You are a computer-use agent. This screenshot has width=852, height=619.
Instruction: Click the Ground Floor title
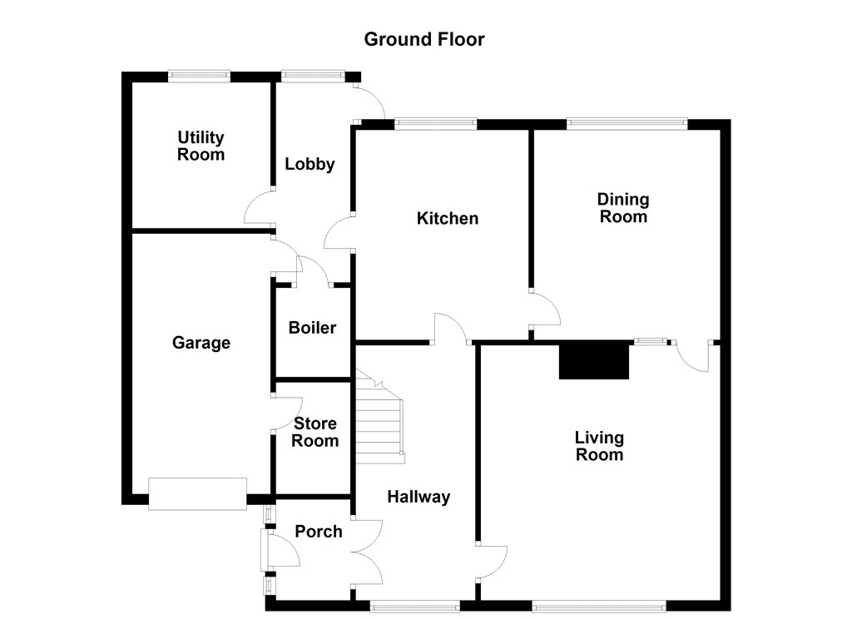pyautogui.click(x=424, y=39)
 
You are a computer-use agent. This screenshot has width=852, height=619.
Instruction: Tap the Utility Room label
pyautogui.click(x=201, y=146)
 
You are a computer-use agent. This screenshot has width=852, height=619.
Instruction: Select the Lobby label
pyautogui.click(x=310, y=164)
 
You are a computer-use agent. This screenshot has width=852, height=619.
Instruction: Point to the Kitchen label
pyautogui.click(x=447, y=219)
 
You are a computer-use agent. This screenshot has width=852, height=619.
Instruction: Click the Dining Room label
pyautogui.click(x=623, y=208)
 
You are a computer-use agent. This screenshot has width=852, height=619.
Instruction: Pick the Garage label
pyautogui.click(x=201, y=343)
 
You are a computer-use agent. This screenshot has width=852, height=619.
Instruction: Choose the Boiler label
pyautogui.click(x=313, y=328)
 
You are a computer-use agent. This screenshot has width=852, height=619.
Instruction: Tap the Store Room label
pyautogui.click(x=315, y=432)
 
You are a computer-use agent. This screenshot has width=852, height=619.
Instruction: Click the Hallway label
pyautogui.click(x=419, y=497)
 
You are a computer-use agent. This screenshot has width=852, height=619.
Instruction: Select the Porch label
pyautogui.click(x=319, y=532)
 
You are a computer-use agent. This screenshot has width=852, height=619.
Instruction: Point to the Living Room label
pyautogui.click(x=599, y=446)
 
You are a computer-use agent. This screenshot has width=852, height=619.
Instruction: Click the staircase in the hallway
pyautogui.click(x=379, y=416)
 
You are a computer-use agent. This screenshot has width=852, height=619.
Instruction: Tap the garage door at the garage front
pyautogui.click(x=198, y=494)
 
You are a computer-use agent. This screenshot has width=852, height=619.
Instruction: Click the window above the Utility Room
pyautogui.click(x=199, y=76)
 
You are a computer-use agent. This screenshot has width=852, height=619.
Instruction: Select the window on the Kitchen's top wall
pyautogui.click(x=436, y=124)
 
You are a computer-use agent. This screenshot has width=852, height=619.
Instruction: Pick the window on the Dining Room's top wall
pyautogui.click(x=627, y=124)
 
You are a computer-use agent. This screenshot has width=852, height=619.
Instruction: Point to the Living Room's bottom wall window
pyautogui.click(x=599, y=606)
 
